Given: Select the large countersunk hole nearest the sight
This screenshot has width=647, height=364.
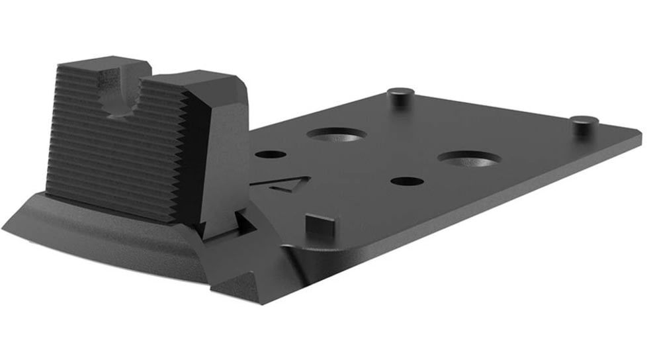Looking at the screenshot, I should click(x=336, y=134).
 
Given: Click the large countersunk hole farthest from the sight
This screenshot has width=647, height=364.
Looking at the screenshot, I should click(x=468, y=159).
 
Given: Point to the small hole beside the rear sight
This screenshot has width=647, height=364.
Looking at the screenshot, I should click(x=270, y=154).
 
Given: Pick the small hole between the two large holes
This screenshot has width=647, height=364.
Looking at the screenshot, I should click(x=407, y=181).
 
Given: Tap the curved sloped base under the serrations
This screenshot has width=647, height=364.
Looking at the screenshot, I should click(x=99, y=228).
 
